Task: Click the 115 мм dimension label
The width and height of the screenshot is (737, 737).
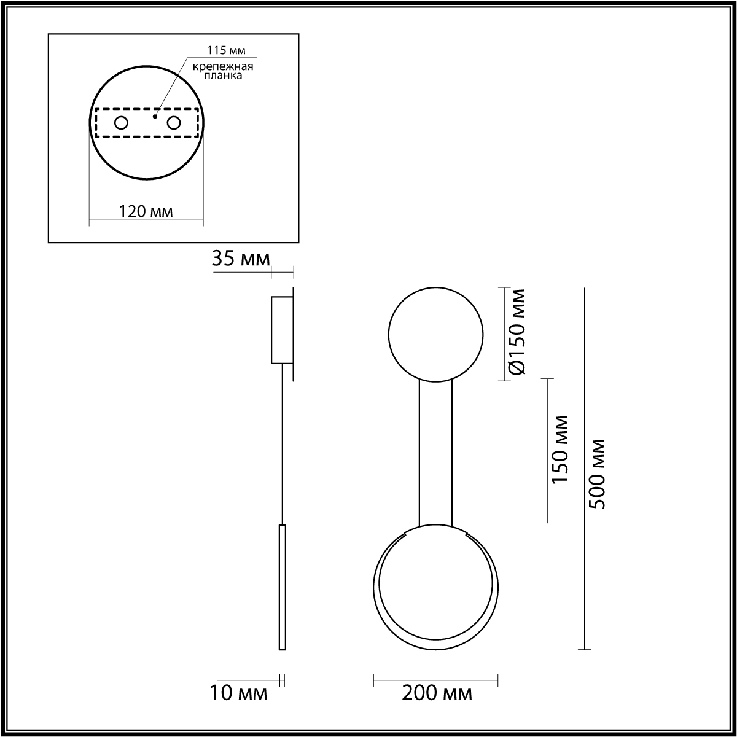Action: point(227,50)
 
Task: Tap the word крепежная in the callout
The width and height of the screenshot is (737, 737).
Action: point(222,67)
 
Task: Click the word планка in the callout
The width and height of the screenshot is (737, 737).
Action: point(222,76)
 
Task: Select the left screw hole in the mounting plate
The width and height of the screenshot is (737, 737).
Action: point(121,123)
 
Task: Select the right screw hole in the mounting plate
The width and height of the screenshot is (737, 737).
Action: point(174,123)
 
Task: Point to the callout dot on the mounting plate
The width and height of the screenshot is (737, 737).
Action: point(155,116)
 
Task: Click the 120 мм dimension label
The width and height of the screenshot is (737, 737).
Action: point(146,211)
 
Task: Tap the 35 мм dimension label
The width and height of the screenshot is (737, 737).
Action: point(241,259)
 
